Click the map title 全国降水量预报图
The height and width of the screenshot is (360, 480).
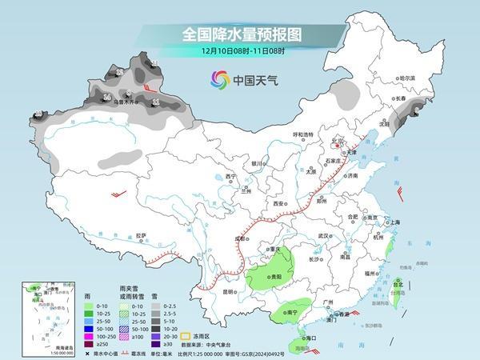point(240,34)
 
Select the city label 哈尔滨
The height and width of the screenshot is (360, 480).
point(408,78)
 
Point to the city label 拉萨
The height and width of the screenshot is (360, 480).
point(141,235)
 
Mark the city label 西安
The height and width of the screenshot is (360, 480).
point(278,204)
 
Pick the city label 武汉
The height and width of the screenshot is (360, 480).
point(324,236)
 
